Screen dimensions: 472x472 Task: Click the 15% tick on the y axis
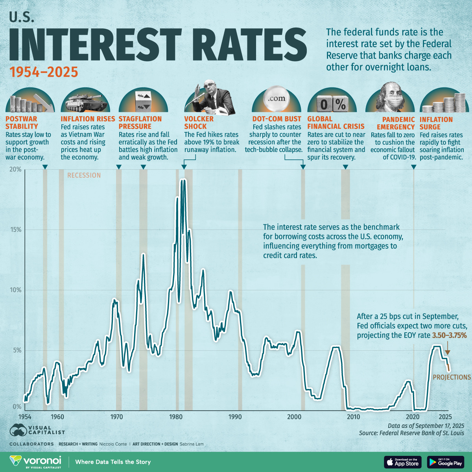point(15,230)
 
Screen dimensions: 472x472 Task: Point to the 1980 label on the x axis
point(176,417)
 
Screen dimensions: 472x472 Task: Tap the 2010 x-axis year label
point(353,417)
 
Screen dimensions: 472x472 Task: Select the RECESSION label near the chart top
point(84,175)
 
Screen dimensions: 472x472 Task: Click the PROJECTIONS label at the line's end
point(452,377)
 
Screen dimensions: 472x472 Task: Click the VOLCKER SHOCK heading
point(199,122)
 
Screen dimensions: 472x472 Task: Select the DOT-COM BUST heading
point(277,119)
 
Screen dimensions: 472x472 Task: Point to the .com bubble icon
point(276,99)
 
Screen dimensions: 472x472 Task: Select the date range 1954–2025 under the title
point(44,72)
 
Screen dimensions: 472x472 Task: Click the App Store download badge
point(402,462)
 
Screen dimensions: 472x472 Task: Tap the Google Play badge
point(446,462)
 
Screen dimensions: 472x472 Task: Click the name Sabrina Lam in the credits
point(192,444)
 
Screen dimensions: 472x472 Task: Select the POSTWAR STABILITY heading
point(22,122)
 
